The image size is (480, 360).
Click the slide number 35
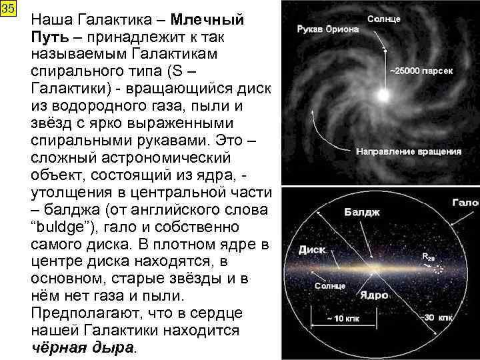7,10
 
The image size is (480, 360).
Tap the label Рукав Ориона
328,29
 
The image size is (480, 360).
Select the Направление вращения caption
409,152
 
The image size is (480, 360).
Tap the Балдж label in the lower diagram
362,213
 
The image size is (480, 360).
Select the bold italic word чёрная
57,348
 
